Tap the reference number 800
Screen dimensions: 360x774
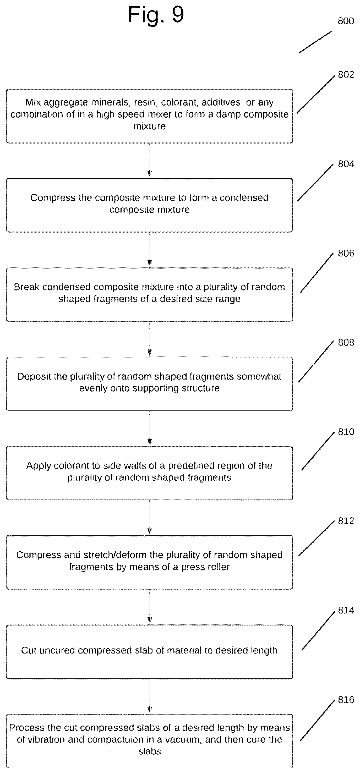(x=346, y=21)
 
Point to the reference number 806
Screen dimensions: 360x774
(x=346, y=253)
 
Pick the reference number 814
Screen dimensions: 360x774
(x=346, y=610)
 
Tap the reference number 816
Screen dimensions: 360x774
(x=346, y=700)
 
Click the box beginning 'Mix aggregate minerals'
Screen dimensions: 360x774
(x=150, y=116)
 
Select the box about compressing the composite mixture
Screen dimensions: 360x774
(x=150, y=205)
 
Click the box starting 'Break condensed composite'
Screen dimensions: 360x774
(x=150, y=294)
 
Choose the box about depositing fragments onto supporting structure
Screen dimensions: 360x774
(x=150, y=384)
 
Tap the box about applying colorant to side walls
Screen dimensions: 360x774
(x=150, y=473)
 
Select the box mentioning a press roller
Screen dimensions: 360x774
(x=150, y=562)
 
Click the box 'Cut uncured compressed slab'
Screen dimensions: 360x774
(x=150, y=652)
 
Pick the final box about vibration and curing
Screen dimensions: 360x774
(x=150, y=741)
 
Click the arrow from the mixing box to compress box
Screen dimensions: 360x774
(x=150, y=161)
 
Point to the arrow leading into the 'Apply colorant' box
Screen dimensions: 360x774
(x=150, y=429)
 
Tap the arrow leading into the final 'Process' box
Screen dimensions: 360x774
(x=150, y=696)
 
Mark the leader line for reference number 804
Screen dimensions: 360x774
(x=315, y=183)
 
